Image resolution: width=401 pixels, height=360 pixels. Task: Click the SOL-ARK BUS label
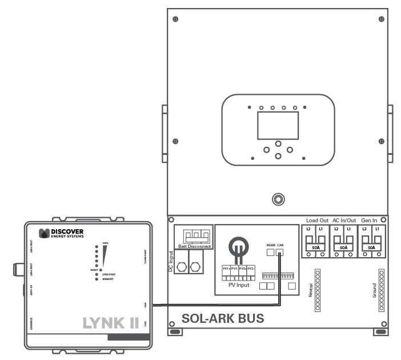222,319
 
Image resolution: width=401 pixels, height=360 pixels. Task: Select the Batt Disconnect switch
192,235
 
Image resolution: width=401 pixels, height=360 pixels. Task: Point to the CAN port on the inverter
280,252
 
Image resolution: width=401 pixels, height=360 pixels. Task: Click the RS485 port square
271,252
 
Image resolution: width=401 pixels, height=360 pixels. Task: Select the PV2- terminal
251,269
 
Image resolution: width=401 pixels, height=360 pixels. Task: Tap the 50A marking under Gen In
371,247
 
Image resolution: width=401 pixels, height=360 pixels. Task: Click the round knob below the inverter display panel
278,199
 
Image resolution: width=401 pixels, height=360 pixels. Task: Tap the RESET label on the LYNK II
95,269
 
